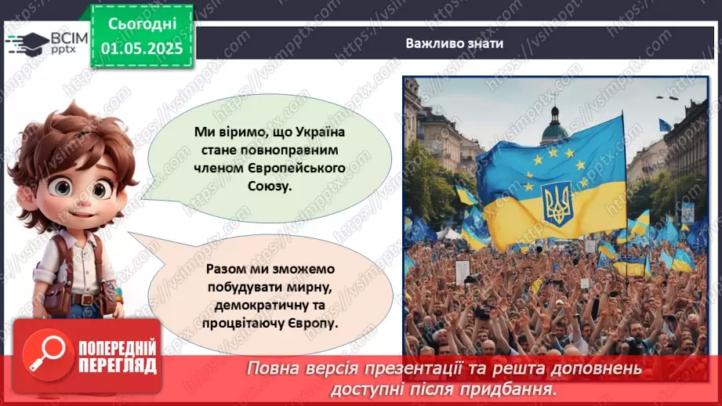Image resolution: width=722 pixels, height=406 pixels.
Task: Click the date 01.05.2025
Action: [141, 48]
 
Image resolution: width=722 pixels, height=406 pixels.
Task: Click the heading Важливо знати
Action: [454, 43]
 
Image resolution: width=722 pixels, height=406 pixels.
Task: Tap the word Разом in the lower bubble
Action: [226, 269]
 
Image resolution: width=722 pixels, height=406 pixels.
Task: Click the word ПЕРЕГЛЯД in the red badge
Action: [117, 365]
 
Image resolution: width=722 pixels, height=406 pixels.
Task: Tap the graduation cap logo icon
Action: [28, 44]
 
